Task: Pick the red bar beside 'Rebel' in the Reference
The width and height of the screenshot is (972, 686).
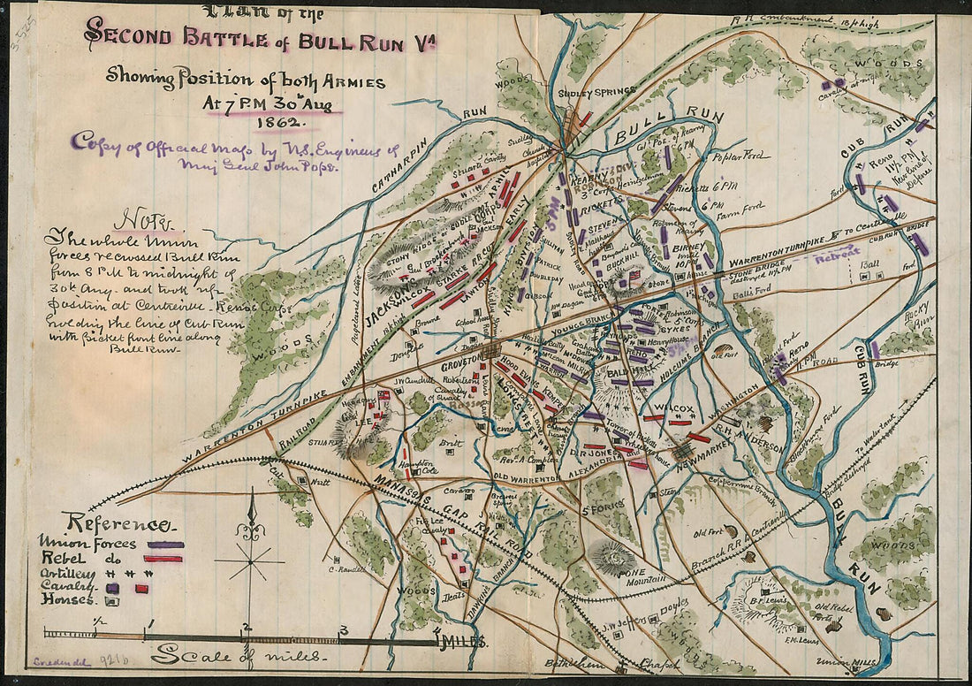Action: pyautogui.click(x=163, y=558)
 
